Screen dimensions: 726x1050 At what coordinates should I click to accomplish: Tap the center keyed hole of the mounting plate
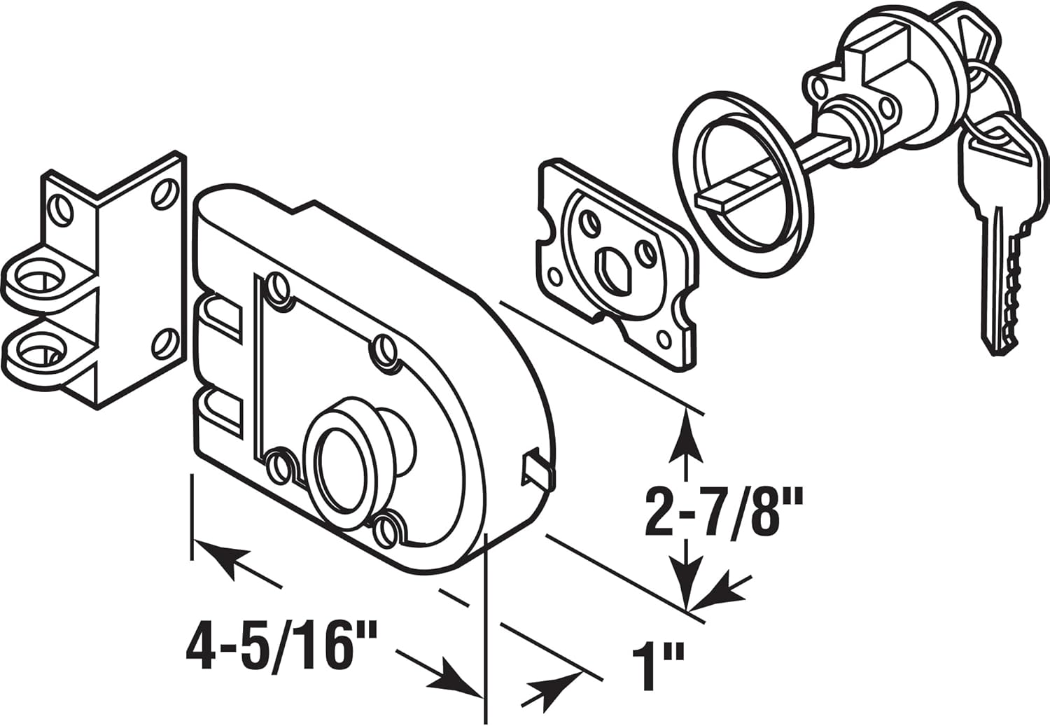606,266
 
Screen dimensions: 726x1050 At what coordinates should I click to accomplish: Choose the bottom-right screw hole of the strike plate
162,344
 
